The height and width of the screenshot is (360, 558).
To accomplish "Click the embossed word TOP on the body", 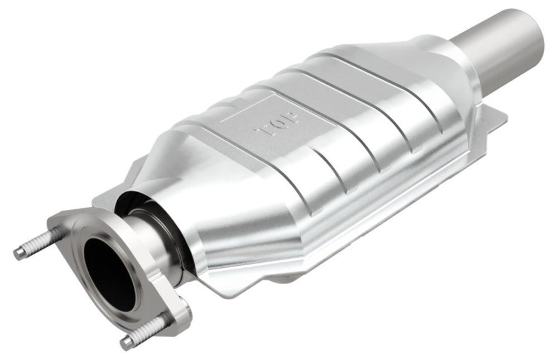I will pos(277,123).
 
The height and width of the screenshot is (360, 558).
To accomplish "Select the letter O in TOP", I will pos(277,123).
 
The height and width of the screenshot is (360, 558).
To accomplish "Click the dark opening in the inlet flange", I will pos(109,273).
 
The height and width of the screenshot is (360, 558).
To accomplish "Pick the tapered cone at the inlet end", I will pos(223,234).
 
